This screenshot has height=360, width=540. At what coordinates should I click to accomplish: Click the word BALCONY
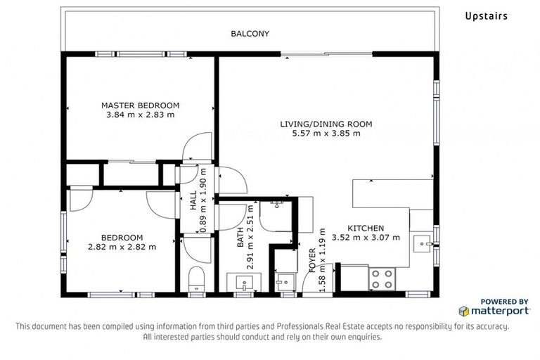point(250,34)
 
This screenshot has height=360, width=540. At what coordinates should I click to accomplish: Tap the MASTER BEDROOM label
point(140,105)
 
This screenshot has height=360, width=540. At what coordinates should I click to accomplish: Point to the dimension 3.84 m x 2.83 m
point(140,115)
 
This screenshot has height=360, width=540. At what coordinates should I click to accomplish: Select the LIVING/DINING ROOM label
point(326,124)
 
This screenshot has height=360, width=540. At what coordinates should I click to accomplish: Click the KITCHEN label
point(366,229)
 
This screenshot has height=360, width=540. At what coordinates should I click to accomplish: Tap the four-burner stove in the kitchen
point(382,278)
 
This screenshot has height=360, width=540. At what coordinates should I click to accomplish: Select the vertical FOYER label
point(313,260)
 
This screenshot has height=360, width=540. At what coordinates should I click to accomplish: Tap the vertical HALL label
point(194,201)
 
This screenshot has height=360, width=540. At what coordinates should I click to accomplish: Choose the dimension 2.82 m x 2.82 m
point(122,247)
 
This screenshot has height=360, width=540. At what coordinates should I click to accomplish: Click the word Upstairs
point(486,15)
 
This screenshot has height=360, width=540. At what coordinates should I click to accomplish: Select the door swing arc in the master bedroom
point(195,148)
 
